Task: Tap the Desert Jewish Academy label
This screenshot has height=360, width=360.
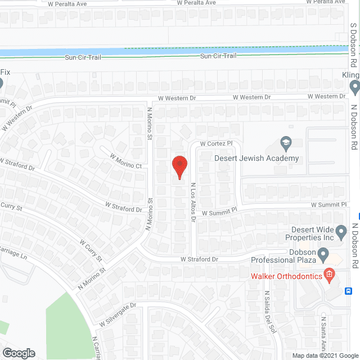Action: (x=256, y=158)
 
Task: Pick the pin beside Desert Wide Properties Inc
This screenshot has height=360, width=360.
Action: (x=341, y=231)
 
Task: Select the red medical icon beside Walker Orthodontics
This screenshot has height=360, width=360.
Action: (x=330, y=275)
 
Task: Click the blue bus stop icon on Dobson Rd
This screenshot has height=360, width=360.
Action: (x=349, y=291)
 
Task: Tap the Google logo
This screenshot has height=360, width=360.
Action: (x=18, y=353)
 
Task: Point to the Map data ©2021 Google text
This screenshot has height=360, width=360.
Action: (x=325, y=355)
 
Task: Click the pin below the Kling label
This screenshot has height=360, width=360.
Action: (x=354, y=87)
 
